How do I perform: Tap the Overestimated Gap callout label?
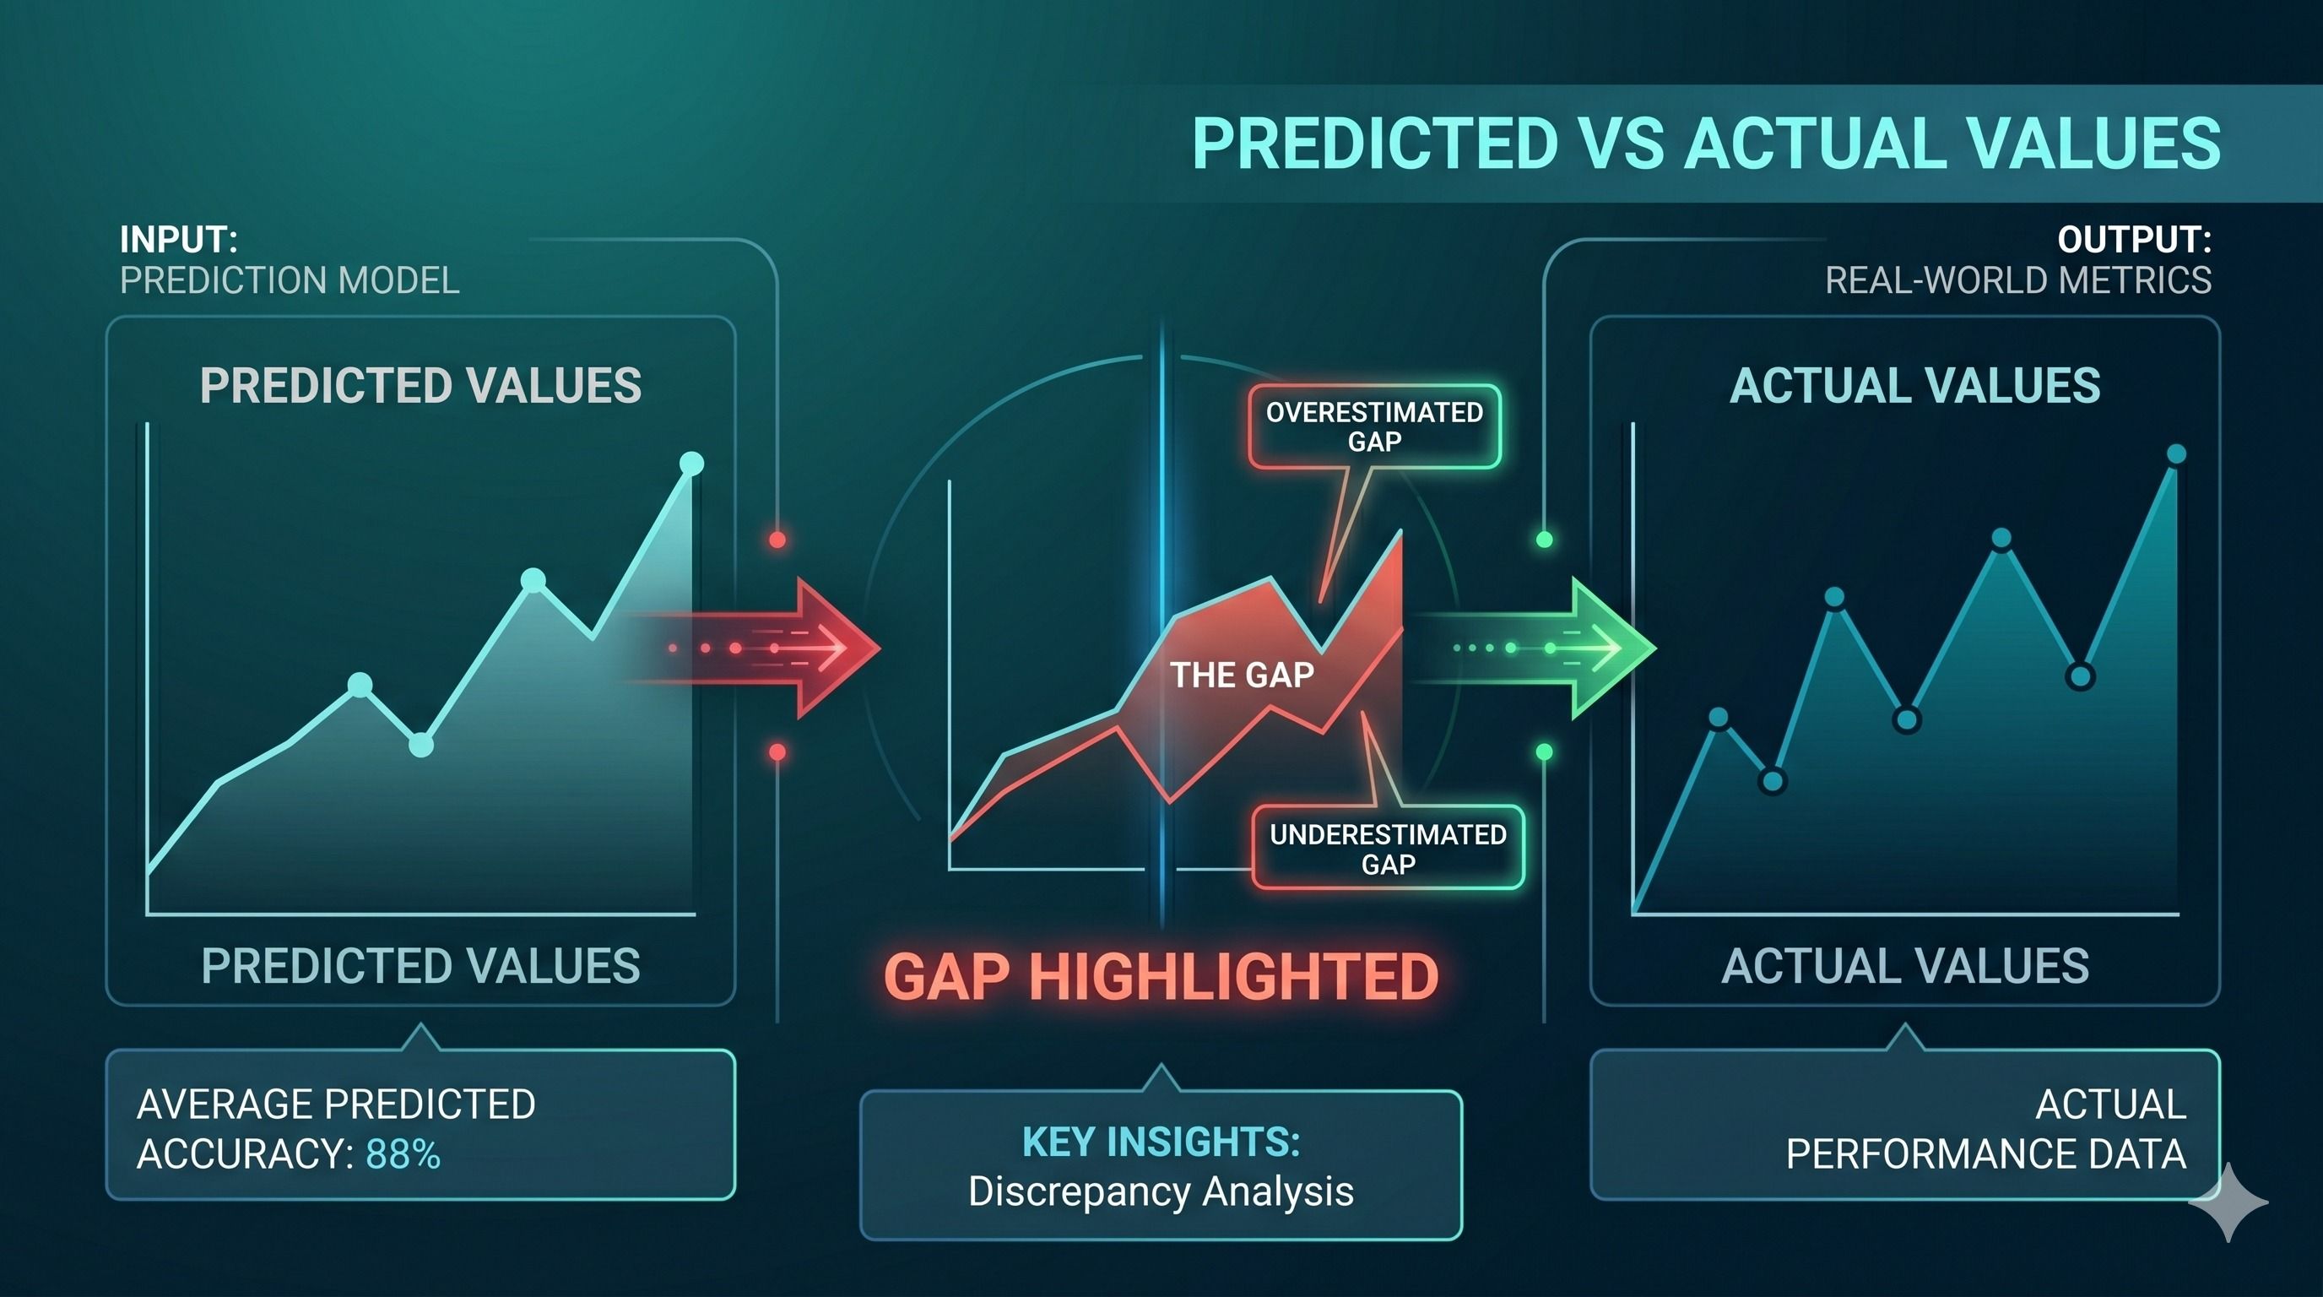[x=1374, y=426]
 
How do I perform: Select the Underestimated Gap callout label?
[x=1388, y=849]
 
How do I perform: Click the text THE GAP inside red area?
[x=1242, y=675]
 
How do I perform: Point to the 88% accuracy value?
[x=403, y=1154]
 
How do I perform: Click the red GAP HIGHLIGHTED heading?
[x=1161, y=977]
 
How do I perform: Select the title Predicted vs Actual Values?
[x=1706, y=144]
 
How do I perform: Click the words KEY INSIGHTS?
[x=1161, y=1142]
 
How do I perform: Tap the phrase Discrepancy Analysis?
[x=1161, y=1191]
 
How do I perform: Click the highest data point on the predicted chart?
[x=691, y=464]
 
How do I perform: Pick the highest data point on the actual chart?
[x=2176, y=453]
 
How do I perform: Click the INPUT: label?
[x=179, y=240]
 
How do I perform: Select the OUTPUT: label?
[x=2135, y=240]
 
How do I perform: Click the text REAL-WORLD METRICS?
[x=2018, y=280]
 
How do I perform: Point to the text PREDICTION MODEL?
[x=290, y=280]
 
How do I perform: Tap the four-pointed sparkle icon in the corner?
[x=2228, y=1202]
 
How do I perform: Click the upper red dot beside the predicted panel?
[x=777, y=540]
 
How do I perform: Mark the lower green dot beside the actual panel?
[x=1544, y=752]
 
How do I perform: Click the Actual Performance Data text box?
[x=1904, y=1125]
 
